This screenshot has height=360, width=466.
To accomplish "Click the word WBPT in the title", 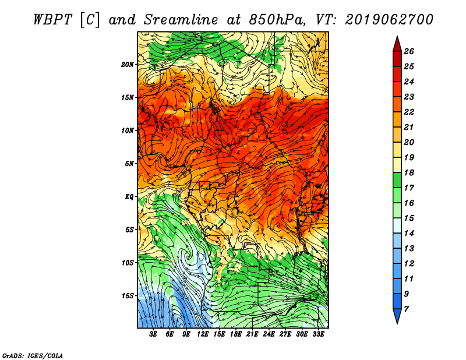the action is [x=52, y=20].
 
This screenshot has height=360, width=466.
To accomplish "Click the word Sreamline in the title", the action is [x=181, y=20].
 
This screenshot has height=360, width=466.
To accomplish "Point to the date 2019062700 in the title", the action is [x=389, y=20].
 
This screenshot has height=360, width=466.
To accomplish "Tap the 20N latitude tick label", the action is [x=128, y=65].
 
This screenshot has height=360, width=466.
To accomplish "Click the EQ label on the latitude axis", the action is [x=129, y=197].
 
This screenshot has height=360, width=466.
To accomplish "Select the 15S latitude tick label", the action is [x=128, y=296].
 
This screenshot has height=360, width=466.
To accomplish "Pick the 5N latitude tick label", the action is [x=129, y=164].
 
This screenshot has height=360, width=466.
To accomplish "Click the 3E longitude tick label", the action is [x=153, y=334].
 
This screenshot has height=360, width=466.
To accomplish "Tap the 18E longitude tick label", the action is [x=236, y=334].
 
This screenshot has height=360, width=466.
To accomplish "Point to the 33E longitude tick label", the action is [x=318, y=334].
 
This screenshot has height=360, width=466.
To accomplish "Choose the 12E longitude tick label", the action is [x=203, y=334].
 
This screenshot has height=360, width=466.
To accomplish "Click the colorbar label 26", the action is [x=409, y=51].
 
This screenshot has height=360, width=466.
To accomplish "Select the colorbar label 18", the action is [x=409, y=172].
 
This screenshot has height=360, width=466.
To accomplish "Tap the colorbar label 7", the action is [x=406, y=309].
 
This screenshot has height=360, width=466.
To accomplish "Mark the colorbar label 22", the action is [x=409, y=112].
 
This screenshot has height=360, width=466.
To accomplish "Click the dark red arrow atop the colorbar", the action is [x=397, y=44].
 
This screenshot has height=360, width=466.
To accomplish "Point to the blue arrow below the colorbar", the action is [x=397, y=316].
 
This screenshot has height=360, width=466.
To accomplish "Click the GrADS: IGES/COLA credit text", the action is [x=33, y=355].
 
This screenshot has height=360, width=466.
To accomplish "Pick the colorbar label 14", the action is [x=409, y=234].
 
